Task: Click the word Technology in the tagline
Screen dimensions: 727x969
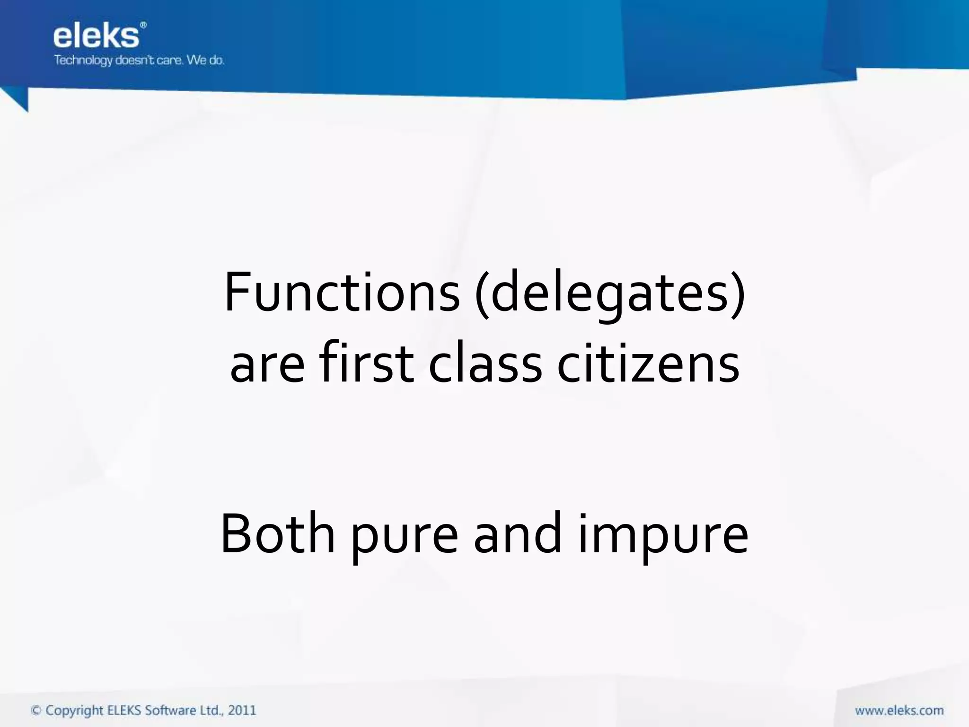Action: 83,61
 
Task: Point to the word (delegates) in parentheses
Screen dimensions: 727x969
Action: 610,293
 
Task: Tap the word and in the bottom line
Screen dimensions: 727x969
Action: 517,534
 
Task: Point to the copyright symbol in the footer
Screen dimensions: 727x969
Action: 36,710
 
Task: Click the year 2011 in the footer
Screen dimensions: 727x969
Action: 242,710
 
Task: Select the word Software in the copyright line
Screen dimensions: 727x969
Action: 170,710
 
